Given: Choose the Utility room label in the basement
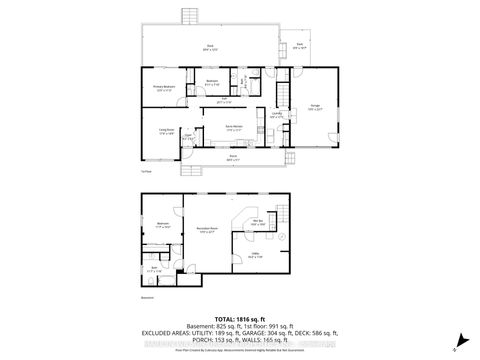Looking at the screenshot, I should coord(254,255).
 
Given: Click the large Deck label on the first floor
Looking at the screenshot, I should coord(211,47).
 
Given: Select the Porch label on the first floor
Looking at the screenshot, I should coord(232,157).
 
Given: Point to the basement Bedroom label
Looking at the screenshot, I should coord(162,223).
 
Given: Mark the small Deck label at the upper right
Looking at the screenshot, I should coord(299,45).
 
